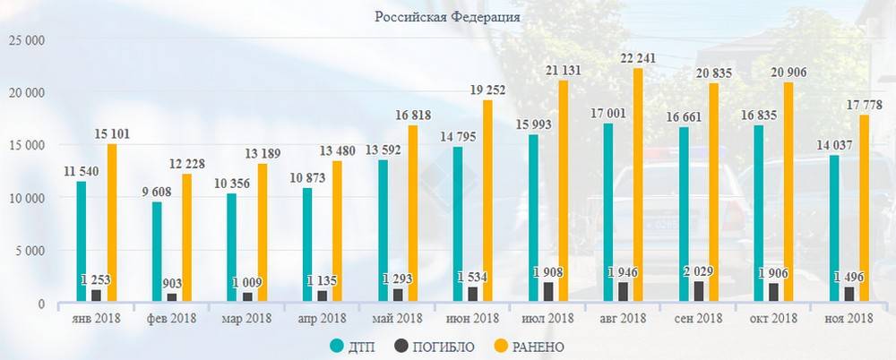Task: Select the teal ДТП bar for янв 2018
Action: coord(82,242)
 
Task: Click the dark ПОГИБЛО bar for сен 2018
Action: coord(699,293)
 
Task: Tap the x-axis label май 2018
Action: coord(395,319)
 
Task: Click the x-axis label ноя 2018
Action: coord(847,319)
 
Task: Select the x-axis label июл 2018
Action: coord(546,319)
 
